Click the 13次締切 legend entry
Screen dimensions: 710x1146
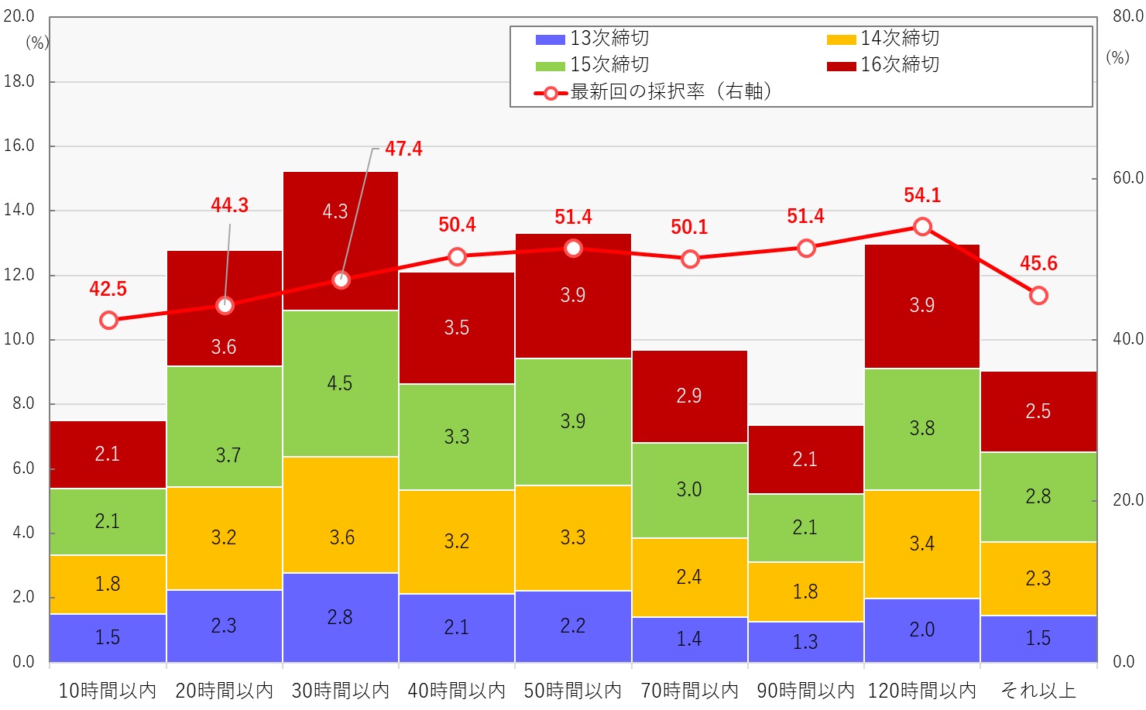[593, 38]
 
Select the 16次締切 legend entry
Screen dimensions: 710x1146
[884, 65]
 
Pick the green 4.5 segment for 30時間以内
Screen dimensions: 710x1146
[341, 383]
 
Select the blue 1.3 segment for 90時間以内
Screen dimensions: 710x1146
[805, 642]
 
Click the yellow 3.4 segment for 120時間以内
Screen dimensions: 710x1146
[921, 544]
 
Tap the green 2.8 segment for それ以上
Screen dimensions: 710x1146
[1038, 496]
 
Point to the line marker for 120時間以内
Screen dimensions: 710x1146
[922, 227]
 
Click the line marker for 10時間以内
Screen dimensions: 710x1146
[109, 321]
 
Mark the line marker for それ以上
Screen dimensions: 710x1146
[1039, 296]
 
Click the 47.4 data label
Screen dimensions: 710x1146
[403, 149]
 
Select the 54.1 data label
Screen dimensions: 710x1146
[922, 195]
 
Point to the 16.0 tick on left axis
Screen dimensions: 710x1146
[19, 146]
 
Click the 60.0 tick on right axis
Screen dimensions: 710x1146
[1127, 178]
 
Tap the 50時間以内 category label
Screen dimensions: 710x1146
[573, 691]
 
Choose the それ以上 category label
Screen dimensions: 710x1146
[1038, 691]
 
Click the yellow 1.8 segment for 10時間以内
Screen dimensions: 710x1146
[108, 584]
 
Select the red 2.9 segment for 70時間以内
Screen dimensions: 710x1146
[689, 396]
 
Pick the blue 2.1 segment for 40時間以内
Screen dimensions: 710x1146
[457, 627]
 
